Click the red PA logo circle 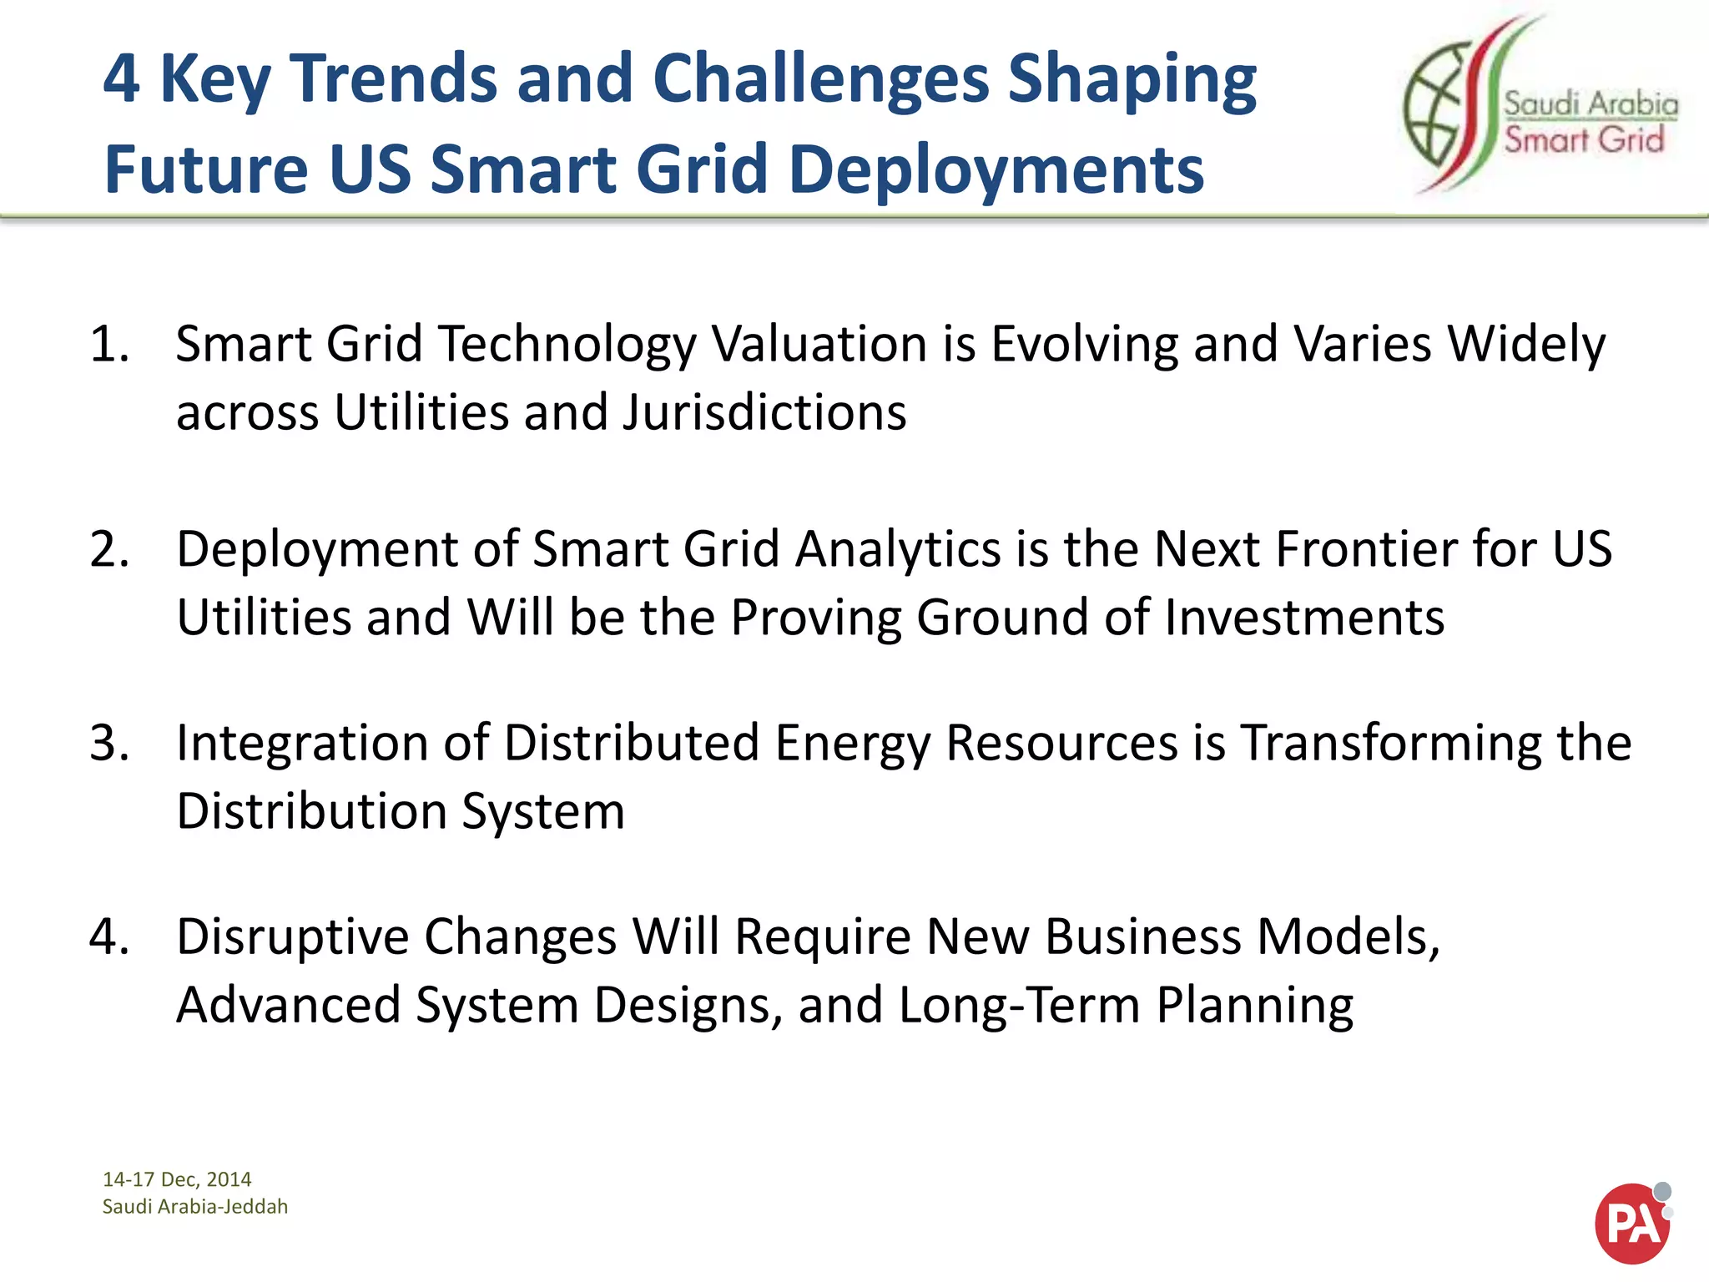1631,1224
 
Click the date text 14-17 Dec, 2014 177,1179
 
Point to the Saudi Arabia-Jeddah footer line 195,1207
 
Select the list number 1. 109,344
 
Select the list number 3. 109,743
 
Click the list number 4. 109,936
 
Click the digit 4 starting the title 121,79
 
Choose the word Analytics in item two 898,549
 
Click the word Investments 1303,618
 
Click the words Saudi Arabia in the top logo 1591,104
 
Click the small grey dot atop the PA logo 1662,1191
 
